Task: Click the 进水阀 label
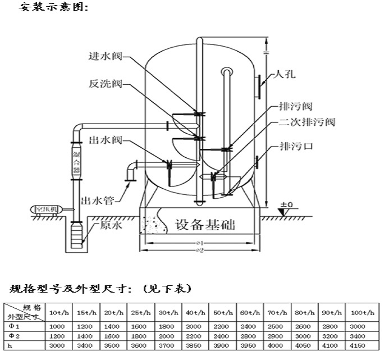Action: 106,56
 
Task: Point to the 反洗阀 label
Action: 106,84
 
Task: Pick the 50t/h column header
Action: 222,312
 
